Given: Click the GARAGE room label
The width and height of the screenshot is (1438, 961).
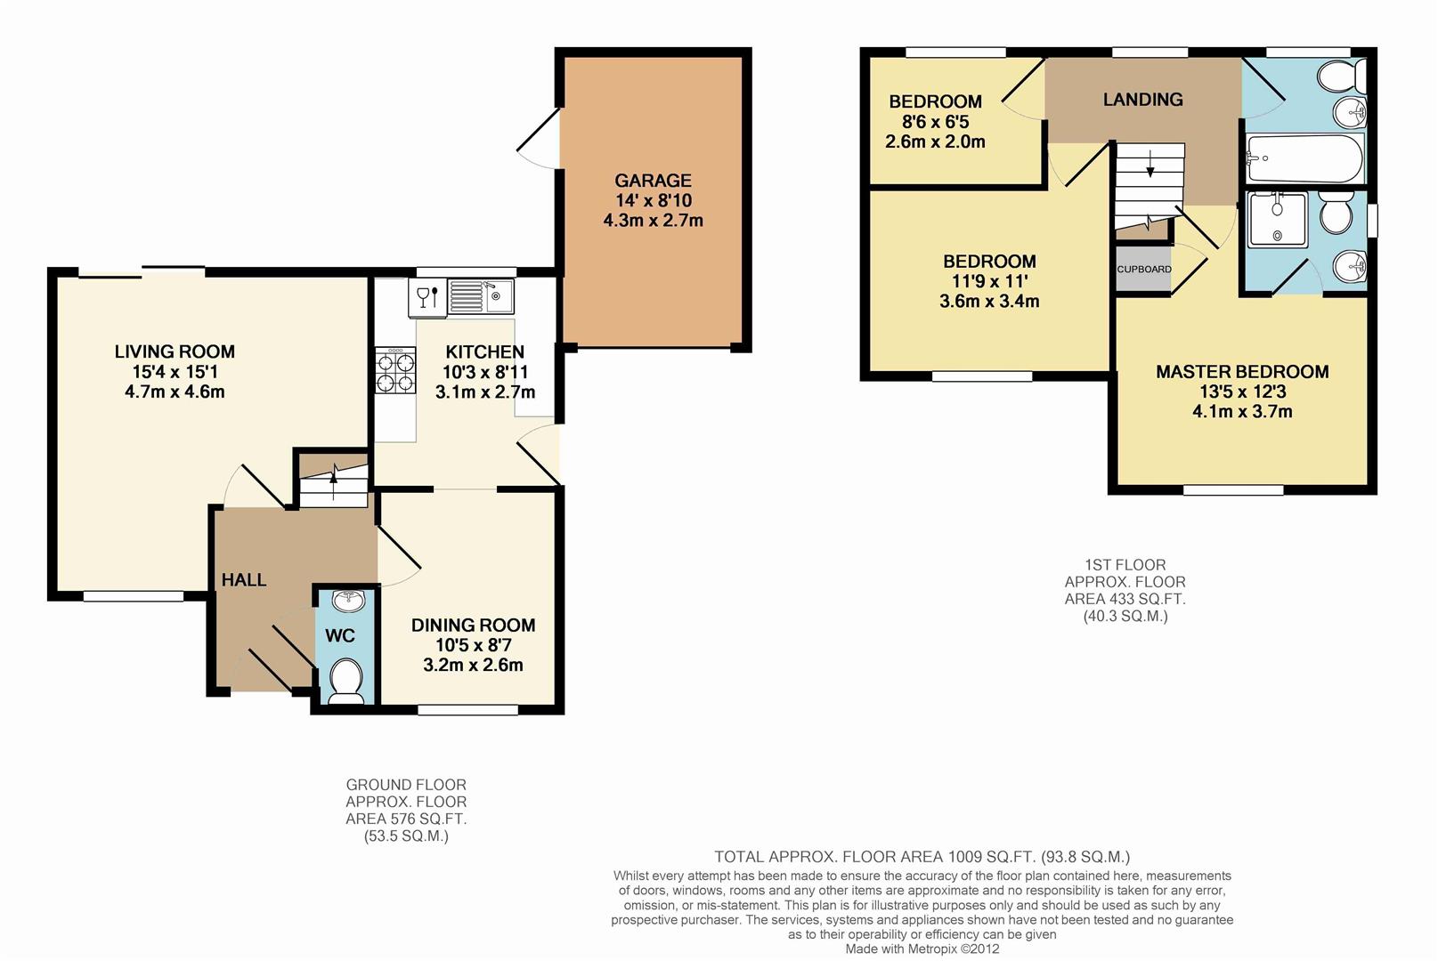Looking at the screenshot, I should pos(653,181).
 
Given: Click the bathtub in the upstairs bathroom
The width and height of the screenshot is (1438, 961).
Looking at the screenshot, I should pos(1304,159).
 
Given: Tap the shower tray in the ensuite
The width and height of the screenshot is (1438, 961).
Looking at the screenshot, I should pos(1278,219).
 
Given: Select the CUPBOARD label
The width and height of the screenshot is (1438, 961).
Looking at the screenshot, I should pos(1144,269).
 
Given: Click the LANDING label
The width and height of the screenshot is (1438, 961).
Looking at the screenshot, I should pos(1142,100).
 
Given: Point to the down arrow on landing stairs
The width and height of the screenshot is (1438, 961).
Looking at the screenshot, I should pos(1150,164).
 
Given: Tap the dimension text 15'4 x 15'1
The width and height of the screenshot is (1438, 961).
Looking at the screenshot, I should pos(175,372).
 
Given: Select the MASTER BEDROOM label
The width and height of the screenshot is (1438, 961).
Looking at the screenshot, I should pos(1242,372).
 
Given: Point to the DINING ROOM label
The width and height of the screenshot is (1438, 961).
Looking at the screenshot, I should pos(473,626).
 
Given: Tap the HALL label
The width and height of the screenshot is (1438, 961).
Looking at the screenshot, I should pos(244,580).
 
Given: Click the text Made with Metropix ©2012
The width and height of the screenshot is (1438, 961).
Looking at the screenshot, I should pos(922,949).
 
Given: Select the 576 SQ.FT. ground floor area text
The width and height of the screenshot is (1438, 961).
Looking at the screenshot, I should pos(406,819).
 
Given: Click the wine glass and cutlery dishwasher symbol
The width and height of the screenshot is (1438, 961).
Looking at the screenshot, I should pos(427,296).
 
